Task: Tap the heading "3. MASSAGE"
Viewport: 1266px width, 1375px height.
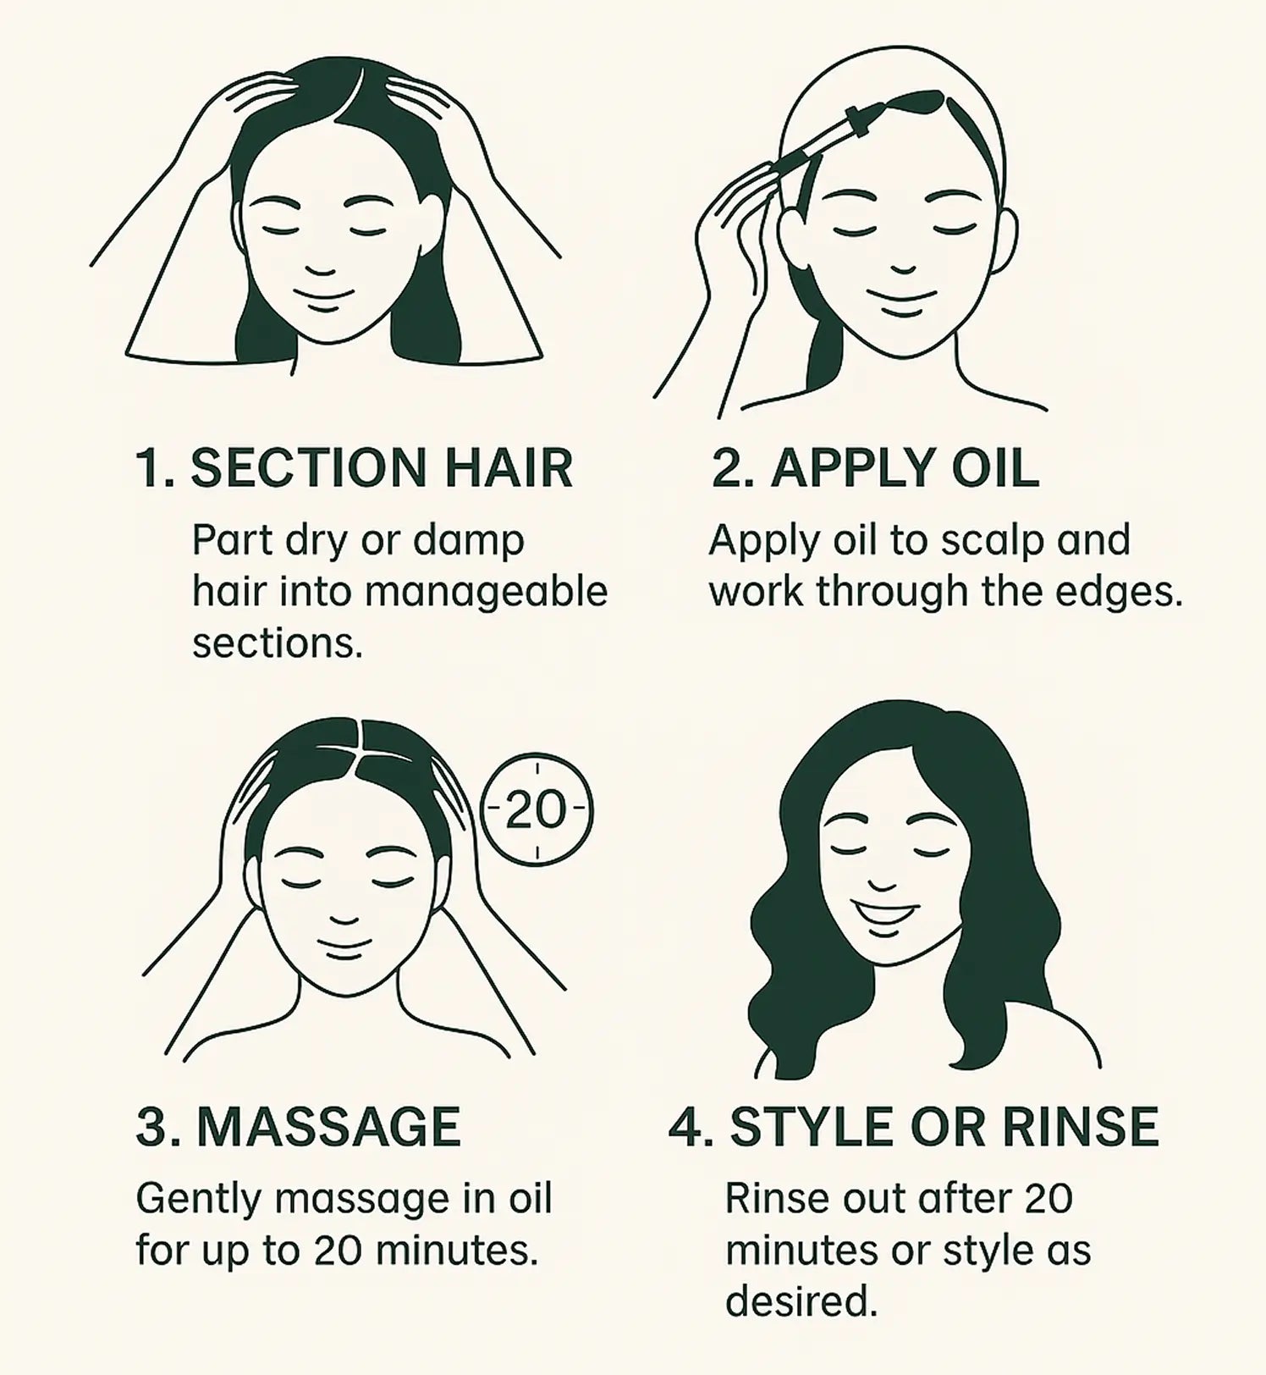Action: click(x=299, y=1126)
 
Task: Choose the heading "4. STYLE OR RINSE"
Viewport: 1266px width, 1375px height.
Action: click(x=914, y=1126)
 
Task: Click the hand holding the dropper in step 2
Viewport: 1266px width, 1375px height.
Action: click(x=732, y=216)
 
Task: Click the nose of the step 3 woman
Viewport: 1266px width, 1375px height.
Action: click(x=344, y=916)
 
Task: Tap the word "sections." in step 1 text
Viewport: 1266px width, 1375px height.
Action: click(x=278, y=644)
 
